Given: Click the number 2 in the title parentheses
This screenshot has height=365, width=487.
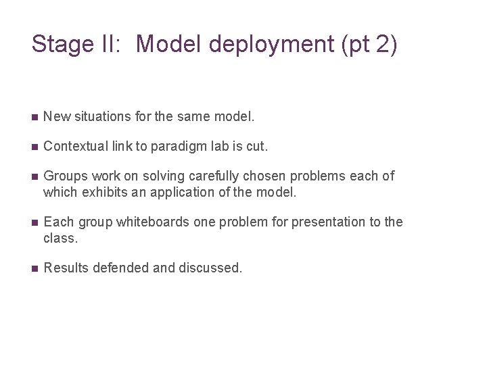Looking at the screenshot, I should pyautogui.click(x=382, y=44).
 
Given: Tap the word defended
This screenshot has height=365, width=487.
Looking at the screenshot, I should pyautogui.click(x=118, y=268).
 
